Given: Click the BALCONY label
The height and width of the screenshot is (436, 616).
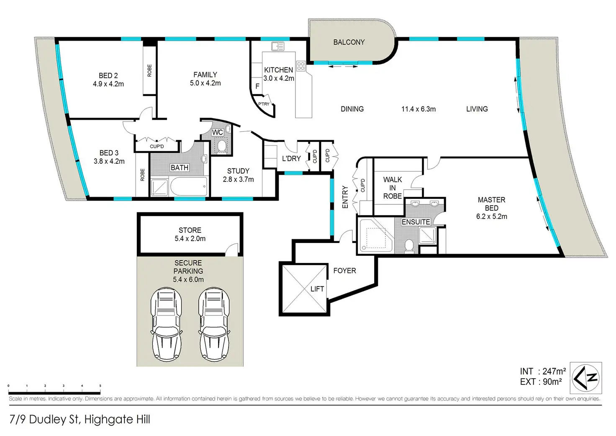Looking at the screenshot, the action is (x=349, y=42).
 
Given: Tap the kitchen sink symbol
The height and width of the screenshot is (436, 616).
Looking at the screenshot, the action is (x=278, y=46).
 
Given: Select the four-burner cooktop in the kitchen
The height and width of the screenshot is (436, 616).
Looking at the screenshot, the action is (x=301, y=66).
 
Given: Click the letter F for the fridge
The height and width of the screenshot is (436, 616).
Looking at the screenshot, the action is (x=257, y=86).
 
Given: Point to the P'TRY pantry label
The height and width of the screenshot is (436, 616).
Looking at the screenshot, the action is (x=264, y=104).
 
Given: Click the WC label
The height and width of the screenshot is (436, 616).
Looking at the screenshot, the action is (x=217, y=132).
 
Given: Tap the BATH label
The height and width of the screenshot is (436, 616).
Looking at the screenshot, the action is (x=180, y=168).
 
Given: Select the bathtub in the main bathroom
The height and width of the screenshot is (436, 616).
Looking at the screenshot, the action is (x=189, y=186).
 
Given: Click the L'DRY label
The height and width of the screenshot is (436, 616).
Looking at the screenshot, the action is (x=292, y=159).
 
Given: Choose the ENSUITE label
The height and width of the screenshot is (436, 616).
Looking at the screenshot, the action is (x=416, y=222).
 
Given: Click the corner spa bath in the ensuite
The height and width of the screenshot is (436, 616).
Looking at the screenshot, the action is (x=376, y=235).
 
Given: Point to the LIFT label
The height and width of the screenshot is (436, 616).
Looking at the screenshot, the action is (x=317, y=289).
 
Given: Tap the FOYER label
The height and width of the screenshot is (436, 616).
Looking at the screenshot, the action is (x=344, y=271).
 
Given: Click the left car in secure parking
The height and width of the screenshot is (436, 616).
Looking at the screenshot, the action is (x=166, y=325).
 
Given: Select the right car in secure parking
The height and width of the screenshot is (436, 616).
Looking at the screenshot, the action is (x=214, y=325).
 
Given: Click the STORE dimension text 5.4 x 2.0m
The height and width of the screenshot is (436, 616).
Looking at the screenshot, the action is (x=190, y=239).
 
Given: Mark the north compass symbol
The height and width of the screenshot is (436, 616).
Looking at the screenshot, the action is (x=586, y=378).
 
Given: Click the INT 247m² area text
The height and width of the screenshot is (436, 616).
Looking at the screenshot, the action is (x=543, y=372).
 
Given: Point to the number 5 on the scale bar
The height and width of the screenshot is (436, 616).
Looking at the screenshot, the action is (x=100, y=386).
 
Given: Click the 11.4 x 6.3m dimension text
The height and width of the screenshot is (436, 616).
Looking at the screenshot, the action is (x=418, y=109).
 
